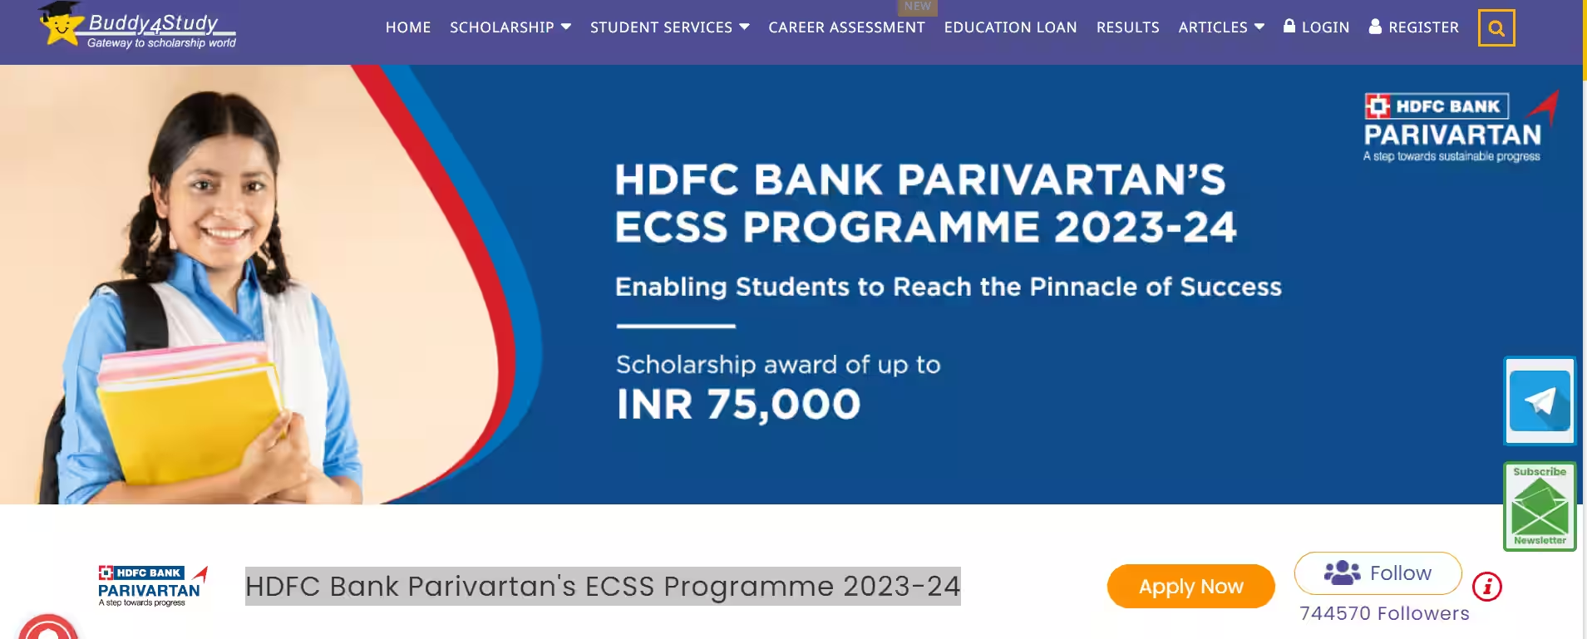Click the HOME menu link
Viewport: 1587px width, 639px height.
(408, 27)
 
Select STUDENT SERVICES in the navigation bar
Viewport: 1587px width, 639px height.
(670, 27)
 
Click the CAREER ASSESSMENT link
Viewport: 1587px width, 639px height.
(846, 27)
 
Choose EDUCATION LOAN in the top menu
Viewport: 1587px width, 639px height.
(1010, 27)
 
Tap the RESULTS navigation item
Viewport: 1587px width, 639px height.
(1127, 27)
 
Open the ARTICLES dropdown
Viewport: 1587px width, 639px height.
(1221, 27)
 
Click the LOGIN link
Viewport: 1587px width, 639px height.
(1316, 27)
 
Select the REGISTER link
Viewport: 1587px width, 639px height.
(1413, 27)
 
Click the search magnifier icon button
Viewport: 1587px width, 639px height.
(1496, 28)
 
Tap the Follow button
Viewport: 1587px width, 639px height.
(1378, 573)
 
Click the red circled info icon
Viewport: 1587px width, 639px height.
(1487, 587)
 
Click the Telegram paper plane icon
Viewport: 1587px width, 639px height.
(1540, 401)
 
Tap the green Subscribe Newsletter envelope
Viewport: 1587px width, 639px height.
(1540, 507)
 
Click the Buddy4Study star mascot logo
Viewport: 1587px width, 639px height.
(61, 23)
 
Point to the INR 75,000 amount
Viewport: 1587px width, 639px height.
(738, 405)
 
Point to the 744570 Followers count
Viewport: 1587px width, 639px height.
(1384, 613)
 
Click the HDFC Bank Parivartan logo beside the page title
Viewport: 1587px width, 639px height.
(153, 586)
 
